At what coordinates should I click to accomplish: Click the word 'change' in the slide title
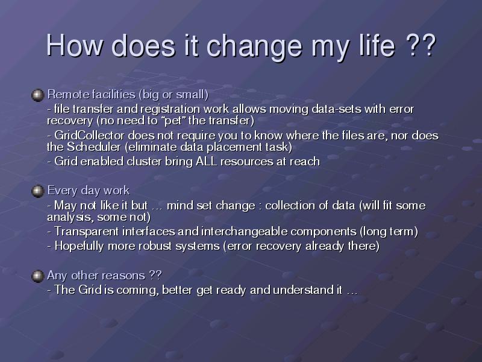pyautogui.click(x=254, y=46)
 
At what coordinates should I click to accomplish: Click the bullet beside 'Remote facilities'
pyautogui.click(x=38, y=95)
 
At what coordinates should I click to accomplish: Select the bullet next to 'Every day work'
pyautogui.click(x=38, y=191)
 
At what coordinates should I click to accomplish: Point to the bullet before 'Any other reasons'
pyautogui.click(x=38, y=276)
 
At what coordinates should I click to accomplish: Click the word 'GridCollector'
pyautogui.click(x=89, y=135)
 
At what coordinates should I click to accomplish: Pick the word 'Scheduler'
pyautogui.click(x=94, y=147)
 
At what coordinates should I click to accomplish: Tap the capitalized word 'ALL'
pyautogui.click(x=207, y=161)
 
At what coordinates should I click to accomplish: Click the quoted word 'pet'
pyautogui.click(x=173, y=121)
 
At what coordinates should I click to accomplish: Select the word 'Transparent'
pyautogui.click(x=86, y=232)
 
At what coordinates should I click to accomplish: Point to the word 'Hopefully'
pyautogui.click(x=79, y=246)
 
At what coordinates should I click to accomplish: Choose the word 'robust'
pyautogui.click(x=155, y=246)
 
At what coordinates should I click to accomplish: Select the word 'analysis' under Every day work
pyautogui.click(x=70, y=217)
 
